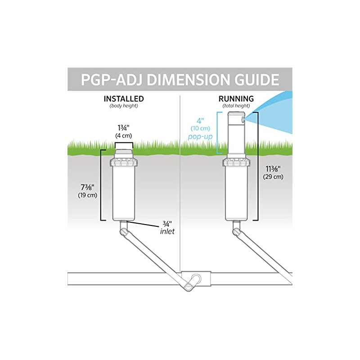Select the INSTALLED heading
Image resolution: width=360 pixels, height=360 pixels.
coord(124,99)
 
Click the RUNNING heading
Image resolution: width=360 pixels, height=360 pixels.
coord(236,99)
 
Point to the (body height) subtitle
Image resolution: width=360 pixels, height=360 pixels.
coord(124,106)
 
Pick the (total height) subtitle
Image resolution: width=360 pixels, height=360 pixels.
coord(236,106)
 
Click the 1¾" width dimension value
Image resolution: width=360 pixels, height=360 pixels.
coord(123,128)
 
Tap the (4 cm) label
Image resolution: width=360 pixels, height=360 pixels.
coord(123,136)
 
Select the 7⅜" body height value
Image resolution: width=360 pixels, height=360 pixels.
coord(87,187)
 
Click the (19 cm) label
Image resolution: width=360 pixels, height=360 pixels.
coord(87,195)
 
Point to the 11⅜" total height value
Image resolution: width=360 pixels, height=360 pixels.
coord(273,169)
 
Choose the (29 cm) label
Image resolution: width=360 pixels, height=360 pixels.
coord(273,177)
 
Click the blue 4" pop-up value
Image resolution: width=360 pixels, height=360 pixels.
coord(200,121)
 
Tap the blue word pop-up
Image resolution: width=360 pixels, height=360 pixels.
coord(200,137)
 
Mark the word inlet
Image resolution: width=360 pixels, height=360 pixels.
coord(167,231)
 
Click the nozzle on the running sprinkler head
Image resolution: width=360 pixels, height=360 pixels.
coord(243,119)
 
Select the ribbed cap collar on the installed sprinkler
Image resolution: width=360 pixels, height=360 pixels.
coord(123,162)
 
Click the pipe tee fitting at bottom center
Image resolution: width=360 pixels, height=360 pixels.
coord(196,279)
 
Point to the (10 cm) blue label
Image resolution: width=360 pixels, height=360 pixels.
coord(200,129)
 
